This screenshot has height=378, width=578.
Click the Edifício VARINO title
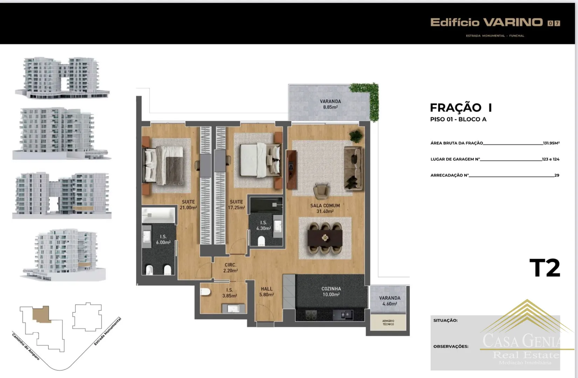point(487,22)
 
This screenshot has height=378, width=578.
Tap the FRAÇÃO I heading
point(461,108)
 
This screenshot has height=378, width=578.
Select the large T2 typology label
point(545,268)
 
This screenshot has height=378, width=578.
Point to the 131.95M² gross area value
point(551,143)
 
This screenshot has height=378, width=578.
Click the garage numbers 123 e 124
point(551,159)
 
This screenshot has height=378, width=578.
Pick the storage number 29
point(557,175)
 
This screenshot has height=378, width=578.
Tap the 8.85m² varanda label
point(330,104)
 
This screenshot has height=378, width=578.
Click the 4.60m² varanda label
point(390,301)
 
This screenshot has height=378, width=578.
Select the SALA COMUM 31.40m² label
point(325,208)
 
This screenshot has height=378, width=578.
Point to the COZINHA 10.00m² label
point(331,292)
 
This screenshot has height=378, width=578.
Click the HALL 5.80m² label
point(267,292)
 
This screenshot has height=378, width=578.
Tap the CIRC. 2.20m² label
point(230,268)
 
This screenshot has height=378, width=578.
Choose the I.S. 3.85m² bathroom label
point(230,293)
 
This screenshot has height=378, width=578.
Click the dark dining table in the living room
point(325,238)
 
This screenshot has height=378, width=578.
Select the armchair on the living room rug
point(321,191)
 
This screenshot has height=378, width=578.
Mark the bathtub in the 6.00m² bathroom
point(158,215)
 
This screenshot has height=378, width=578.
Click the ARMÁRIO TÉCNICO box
point(388,322)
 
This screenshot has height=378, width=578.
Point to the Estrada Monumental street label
point(107,331)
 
